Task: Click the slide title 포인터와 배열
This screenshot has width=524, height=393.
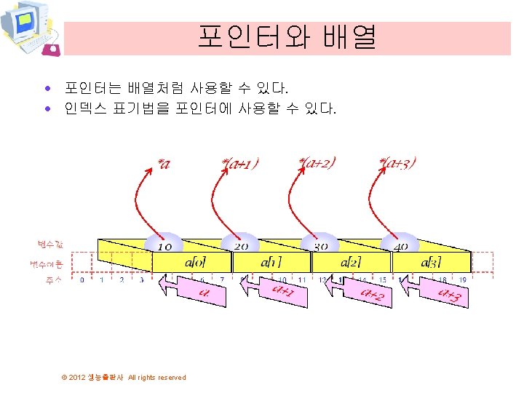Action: tap(287, 37)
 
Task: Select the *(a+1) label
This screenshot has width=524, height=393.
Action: tap(241, 163)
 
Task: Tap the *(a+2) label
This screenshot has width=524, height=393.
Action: tap(317, 162)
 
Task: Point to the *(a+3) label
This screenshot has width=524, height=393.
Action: tap(398, 162)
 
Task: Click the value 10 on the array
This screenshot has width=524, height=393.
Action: tap(164, 247)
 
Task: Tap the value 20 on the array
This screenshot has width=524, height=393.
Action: tap(242, 247)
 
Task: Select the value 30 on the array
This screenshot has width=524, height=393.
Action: tap(320, 247)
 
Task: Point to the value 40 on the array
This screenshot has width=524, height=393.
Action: tap(400, 247)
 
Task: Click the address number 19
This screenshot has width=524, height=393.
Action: tap(462, 279)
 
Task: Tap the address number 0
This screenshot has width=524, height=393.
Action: tap(82, 279)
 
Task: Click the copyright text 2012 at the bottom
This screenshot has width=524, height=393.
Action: tap(77, 377)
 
